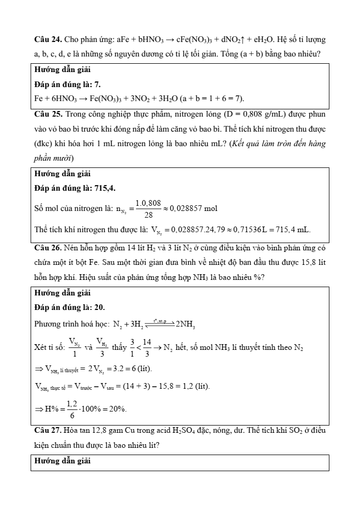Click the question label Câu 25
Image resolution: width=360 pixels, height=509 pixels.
tap(48, 113)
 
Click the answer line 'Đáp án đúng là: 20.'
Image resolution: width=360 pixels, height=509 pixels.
tap(65, 307)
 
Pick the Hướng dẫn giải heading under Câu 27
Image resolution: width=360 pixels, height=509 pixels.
tap(58, 460)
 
